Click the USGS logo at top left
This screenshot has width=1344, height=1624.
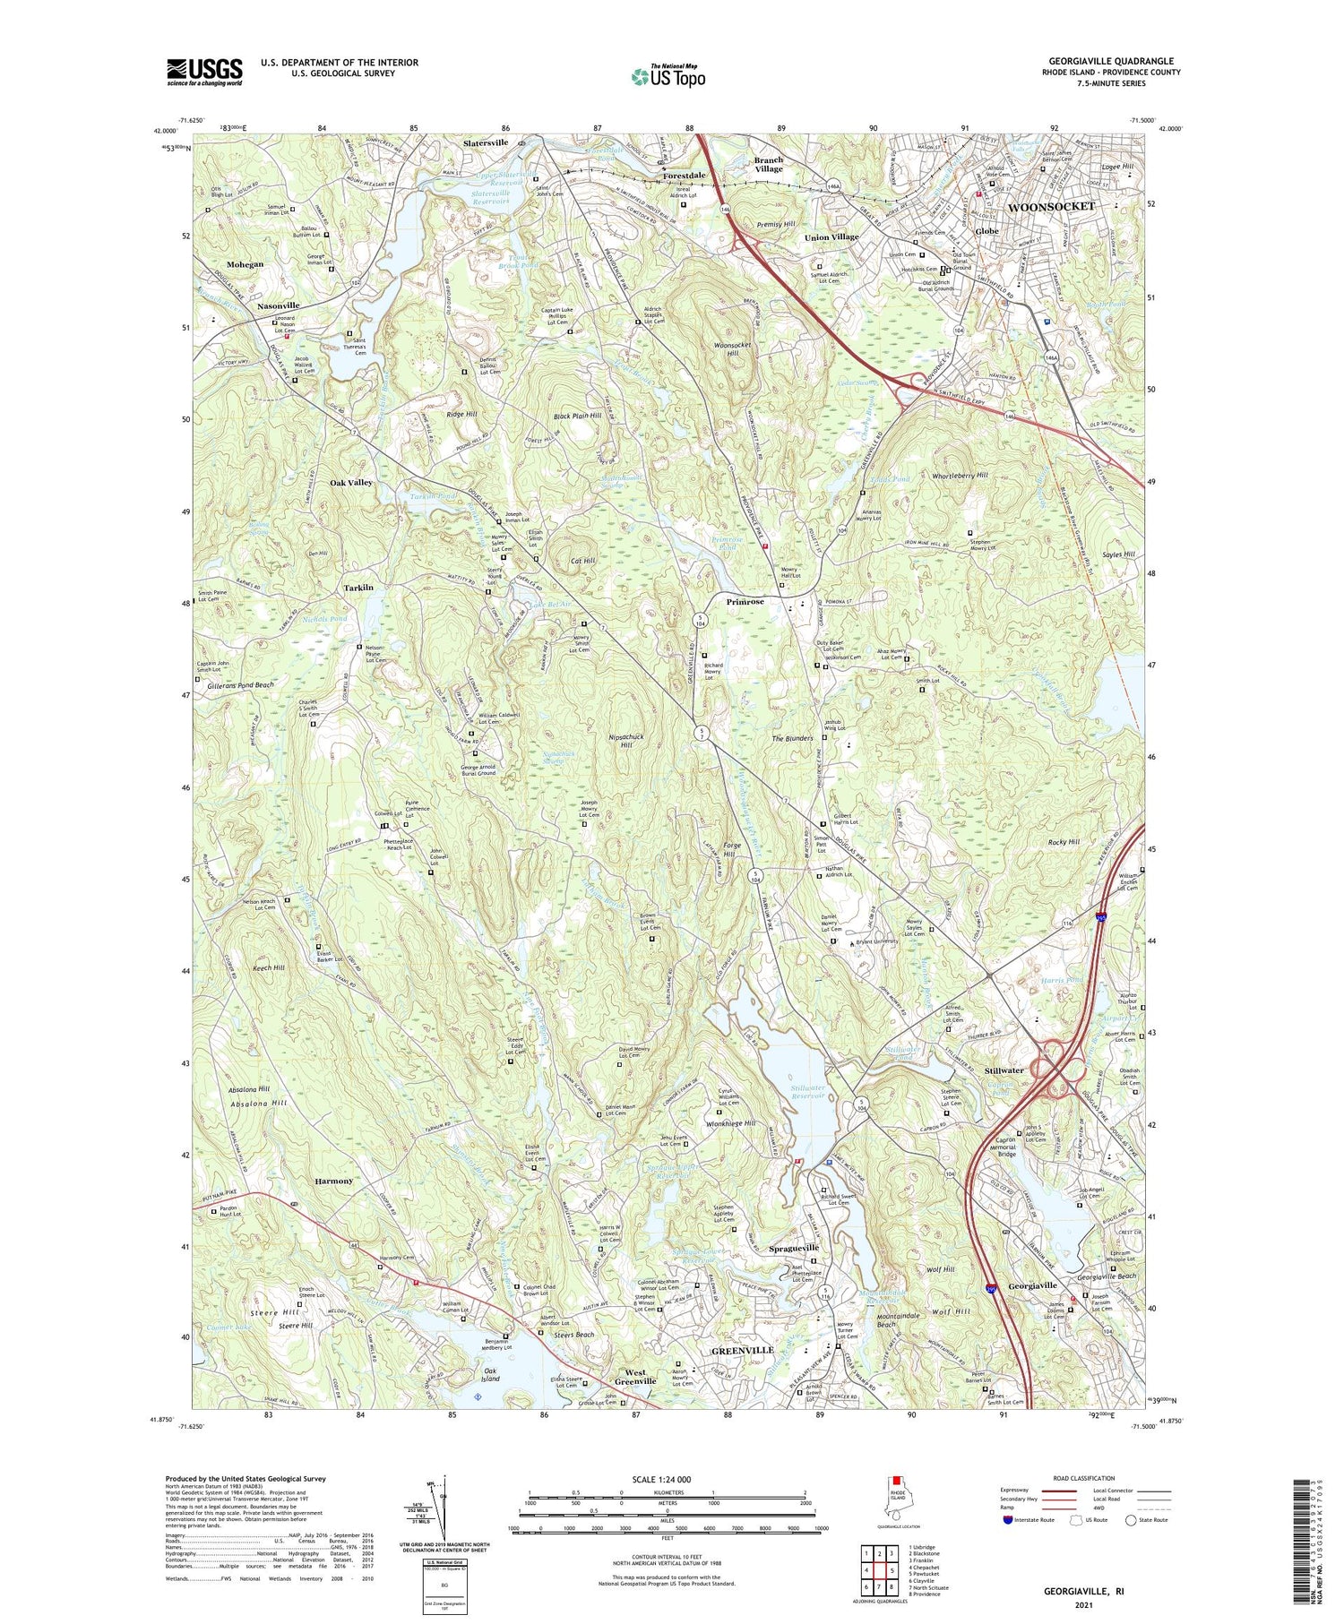(x=204, y=72)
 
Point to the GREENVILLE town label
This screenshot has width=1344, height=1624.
(x=741, y=1350)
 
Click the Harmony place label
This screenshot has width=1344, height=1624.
(x=333, y=1181)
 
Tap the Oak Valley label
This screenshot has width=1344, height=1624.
(x=350, y=483)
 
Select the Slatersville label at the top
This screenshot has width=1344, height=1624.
(x=486, y=142)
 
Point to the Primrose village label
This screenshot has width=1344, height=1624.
(x=745, y=602)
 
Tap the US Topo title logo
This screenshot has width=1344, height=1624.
(x=668, y=77)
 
